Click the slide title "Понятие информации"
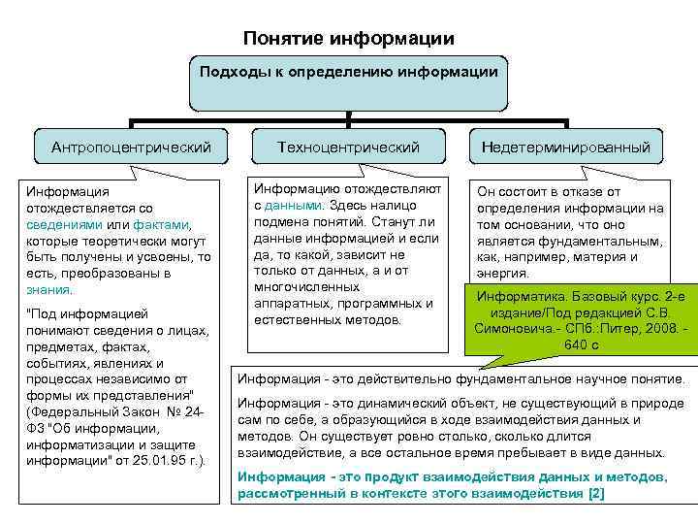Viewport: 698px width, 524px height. pos(349,39)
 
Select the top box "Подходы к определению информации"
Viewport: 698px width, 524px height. pos(348,72)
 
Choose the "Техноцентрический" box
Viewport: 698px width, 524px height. pos(348,147)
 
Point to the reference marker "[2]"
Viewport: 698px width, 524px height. pos(596,493)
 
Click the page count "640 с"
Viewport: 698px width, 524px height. pos(581,344)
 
